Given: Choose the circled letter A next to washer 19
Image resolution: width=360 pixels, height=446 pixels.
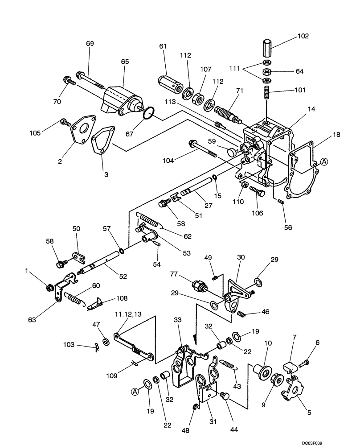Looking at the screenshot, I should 133,391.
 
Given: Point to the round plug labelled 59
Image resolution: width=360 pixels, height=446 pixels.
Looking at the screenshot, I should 231,153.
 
